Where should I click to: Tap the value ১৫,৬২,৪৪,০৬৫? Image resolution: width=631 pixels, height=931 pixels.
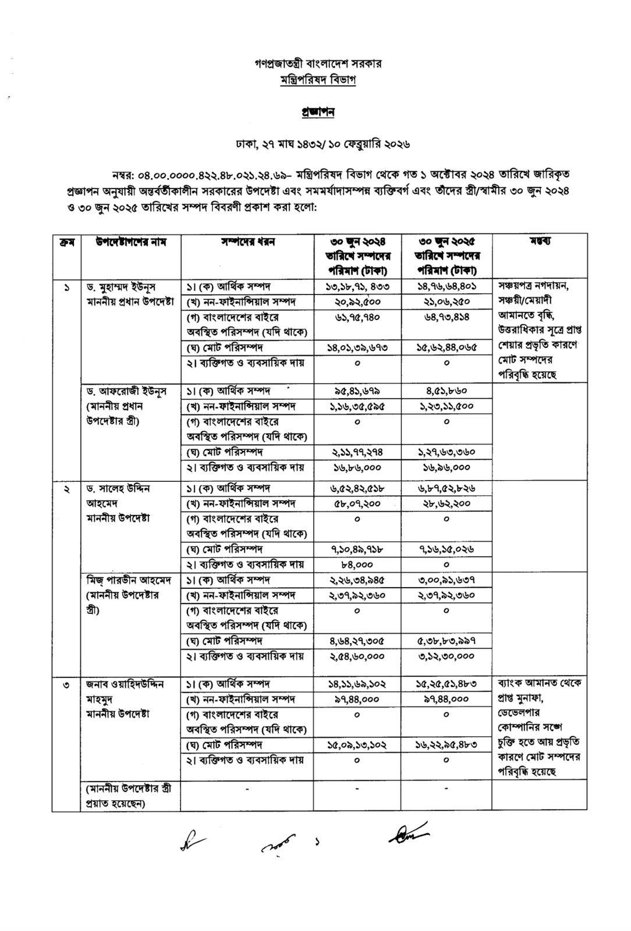point(446,347)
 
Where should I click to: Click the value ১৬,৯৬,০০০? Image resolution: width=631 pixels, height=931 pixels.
point(446,467)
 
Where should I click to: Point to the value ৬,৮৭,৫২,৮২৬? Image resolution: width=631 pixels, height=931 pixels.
point(446,488)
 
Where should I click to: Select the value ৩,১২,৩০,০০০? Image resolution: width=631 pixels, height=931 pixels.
point(446,656)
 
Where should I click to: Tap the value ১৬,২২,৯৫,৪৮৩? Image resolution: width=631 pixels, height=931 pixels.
point(446,745)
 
